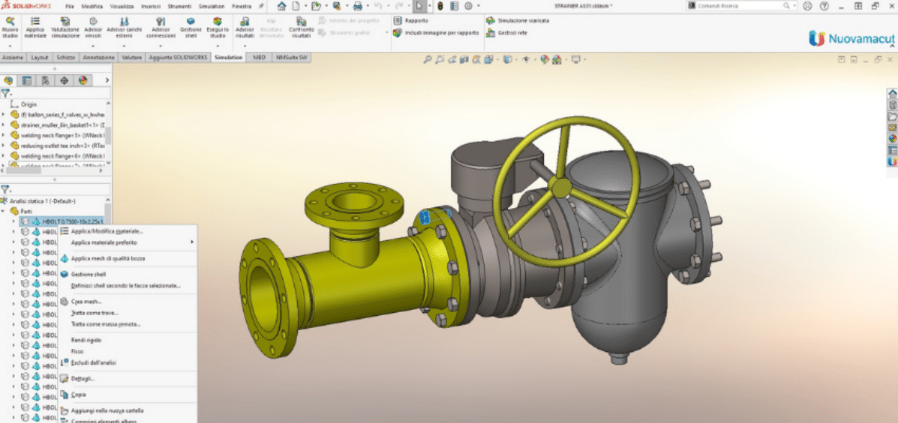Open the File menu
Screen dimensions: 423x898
(69, 6)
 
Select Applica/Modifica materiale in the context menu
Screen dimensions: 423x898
(106, 231)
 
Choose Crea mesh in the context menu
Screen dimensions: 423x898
(86, 302)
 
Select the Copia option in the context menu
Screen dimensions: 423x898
(79, 394)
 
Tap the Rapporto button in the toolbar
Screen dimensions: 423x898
(416, 21)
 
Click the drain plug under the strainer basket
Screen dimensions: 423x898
(615, 358)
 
